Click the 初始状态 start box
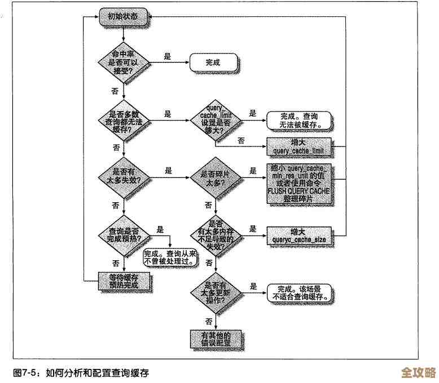(x=124, y=17)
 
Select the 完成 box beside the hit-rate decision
(x=213, y=63)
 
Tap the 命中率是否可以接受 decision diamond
(x=124, y=63)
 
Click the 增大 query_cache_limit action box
(x=297, y=146)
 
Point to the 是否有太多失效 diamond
(x=124, y=176)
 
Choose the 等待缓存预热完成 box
(x=124, y=280)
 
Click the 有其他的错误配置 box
(x=215, y=339)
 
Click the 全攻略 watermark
(x=418, y=373)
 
